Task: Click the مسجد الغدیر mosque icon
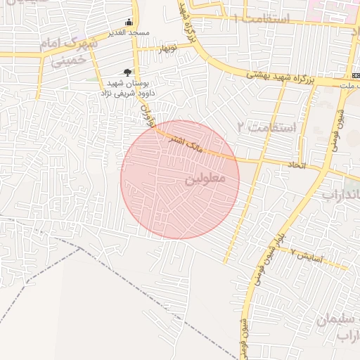point(128,21)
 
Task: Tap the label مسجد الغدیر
point(127,33)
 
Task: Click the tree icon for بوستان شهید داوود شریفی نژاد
point(127,72)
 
